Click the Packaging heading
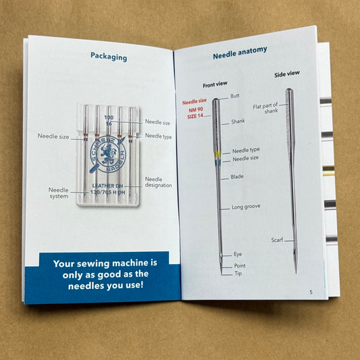(x=109, y=57)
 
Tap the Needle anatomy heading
(x=240, y=53)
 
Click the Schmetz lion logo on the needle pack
(x=108, y=154)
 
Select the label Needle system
(x=59, y=193)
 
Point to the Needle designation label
(x=158, y=182)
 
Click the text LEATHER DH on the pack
(x=107, y=186)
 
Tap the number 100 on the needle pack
(x=109, y=118)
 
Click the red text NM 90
(x=196, y=109)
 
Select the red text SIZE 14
(x=195, y=116)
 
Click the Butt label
(x=235, y=96)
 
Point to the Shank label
(x=238, y=121)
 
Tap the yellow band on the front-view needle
(x=217, y=154)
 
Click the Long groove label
(x=246, y=207)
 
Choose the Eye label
(x=238, y=254)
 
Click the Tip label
(x=238, y=274)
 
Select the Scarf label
(x=277, y=240)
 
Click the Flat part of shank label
(x=265, y=108)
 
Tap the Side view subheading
(x=287, y=74)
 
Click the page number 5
(x=311, y=292)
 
